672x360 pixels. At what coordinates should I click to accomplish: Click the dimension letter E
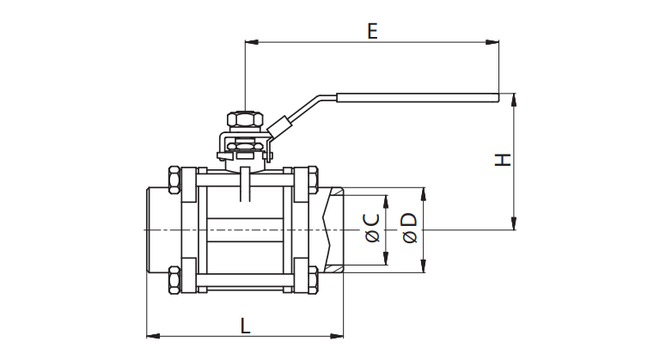372,31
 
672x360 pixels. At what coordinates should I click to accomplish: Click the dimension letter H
504,160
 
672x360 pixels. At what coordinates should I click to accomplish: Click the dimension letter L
245,326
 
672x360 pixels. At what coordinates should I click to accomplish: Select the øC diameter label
373,228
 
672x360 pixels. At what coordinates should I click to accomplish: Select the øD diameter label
410,228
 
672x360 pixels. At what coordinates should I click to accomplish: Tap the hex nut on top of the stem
245,119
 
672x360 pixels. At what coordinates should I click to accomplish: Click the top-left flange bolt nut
174,180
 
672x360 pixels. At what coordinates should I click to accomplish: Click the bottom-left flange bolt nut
174,280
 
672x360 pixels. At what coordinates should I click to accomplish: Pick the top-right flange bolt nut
314,180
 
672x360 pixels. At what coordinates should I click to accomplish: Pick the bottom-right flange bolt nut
314,280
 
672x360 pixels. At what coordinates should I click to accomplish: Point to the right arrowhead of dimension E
492,42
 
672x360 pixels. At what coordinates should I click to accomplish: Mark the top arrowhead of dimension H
514,100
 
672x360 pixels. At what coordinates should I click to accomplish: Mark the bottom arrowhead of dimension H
514,223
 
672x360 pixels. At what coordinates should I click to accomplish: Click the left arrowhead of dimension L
154,336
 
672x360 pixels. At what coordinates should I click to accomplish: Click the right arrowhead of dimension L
336,336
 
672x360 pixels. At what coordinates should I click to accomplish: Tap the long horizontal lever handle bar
418,98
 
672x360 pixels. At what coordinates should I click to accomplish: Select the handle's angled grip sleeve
280,126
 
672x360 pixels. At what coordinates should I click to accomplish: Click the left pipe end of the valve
158,230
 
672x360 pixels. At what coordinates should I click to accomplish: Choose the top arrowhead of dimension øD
424,194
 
